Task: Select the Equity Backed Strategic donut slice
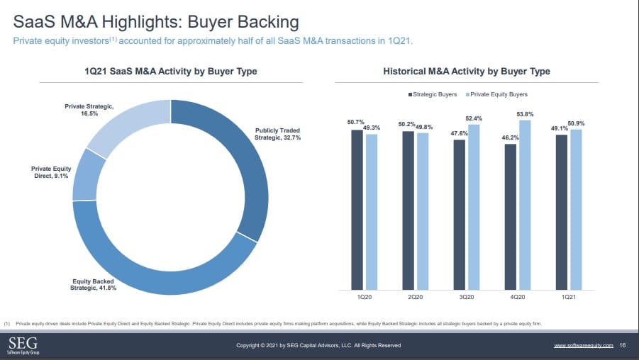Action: click(163, 273)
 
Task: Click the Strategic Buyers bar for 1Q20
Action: click(357, 209)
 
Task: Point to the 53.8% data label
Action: click(525, 114)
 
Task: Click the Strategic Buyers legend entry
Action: click(433, 94)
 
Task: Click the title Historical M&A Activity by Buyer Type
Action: click(466, 72)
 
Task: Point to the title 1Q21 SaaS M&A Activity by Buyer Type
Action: click(170, 72)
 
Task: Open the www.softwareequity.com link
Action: click(583, 345)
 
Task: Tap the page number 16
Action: click(622, 345)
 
